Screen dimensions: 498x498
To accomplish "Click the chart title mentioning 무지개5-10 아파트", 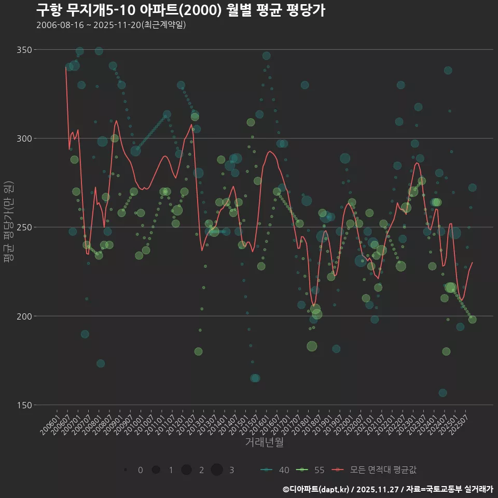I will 181,10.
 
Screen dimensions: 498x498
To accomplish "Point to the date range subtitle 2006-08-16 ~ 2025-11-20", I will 111,25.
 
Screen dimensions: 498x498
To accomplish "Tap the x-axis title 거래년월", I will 264,442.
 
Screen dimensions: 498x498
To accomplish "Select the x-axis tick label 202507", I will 461,421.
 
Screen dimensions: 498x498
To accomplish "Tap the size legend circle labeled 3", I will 217,470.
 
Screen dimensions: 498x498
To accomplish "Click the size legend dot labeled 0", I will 126,470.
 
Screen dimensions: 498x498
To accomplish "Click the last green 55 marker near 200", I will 472,320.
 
